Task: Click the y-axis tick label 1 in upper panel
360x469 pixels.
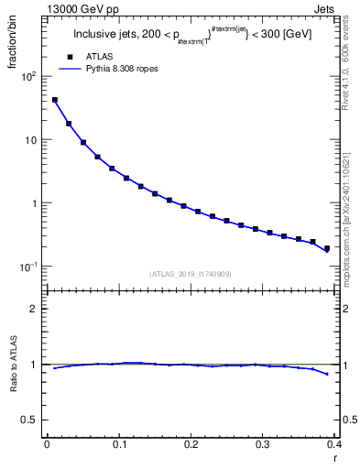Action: pyautogui.click(x=36, y=203)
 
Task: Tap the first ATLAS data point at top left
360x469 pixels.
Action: pyautogui.click(x=55, y=100)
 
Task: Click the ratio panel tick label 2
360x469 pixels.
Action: pyautogui.click(x=37, y=309)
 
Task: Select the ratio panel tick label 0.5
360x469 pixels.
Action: pyautogui.click(x=32, y=420)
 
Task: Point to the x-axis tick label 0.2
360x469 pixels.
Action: pyautogui.click(x=191, y=444)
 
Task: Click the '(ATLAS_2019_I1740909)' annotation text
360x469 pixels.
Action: pyautogui.click(x=191, y=274)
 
